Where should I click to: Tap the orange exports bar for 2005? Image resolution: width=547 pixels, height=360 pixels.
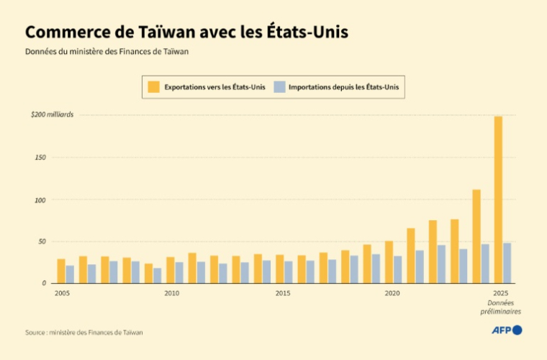point(61,271)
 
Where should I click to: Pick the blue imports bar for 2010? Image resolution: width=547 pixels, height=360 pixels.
point(179,272)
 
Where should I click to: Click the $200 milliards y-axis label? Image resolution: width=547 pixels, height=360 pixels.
point(52,114)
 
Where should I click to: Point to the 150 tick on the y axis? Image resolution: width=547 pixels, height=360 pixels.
point(40,157)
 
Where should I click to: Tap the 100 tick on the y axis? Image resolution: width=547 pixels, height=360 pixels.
point(40,199)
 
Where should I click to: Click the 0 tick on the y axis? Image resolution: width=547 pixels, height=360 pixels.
point(44,283)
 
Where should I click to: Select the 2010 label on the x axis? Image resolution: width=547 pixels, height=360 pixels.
point(171,293)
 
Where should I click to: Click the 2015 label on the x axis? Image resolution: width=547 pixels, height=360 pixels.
point(281,293)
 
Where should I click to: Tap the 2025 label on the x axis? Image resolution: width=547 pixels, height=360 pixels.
point(501,293)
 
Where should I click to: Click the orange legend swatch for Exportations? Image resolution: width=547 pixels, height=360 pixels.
point(153,87)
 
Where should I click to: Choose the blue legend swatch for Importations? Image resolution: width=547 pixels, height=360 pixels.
point(279,87)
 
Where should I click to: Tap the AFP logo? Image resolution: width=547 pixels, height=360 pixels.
point(506,330)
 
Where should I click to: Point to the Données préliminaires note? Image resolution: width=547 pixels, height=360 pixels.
point(501,307)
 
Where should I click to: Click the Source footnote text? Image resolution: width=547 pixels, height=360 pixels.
point(83,332)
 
